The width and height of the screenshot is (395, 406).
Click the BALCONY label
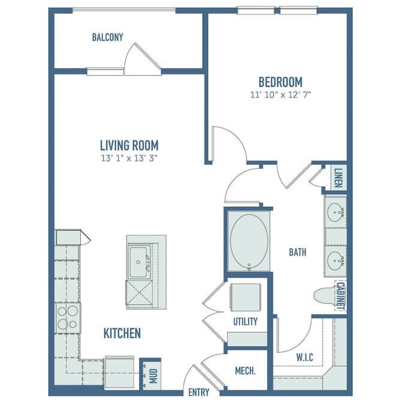(107, 37)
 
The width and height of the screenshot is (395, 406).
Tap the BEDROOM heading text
(281, 82)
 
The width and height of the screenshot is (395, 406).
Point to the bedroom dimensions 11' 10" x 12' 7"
(281, 94)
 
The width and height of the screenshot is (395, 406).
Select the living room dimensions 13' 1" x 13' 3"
(129, 158)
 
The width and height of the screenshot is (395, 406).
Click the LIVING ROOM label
(129, 145)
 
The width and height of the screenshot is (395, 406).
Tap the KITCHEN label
(122, 333)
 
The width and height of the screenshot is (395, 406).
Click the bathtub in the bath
(249, 242)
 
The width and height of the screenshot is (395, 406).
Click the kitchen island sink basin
(138, 262)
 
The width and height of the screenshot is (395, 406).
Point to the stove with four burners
(68, 318)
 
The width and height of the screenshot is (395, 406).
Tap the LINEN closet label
(339, 178)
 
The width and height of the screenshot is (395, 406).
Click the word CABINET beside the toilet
(340, 296)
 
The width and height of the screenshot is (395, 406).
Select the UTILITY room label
(245, 322)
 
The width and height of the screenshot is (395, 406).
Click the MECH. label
(245, 371)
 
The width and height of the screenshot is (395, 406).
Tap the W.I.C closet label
(304, 358)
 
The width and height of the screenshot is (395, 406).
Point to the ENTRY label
(199, 392)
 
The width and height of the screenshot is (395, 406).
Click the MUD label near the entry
(153, 376)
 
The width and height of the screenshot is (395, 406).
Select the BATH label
(298, 252)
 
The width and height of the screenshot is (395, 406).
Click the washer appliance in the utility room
(246, 297)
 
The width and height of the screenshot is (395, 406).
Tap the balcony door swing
(142, 59)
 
